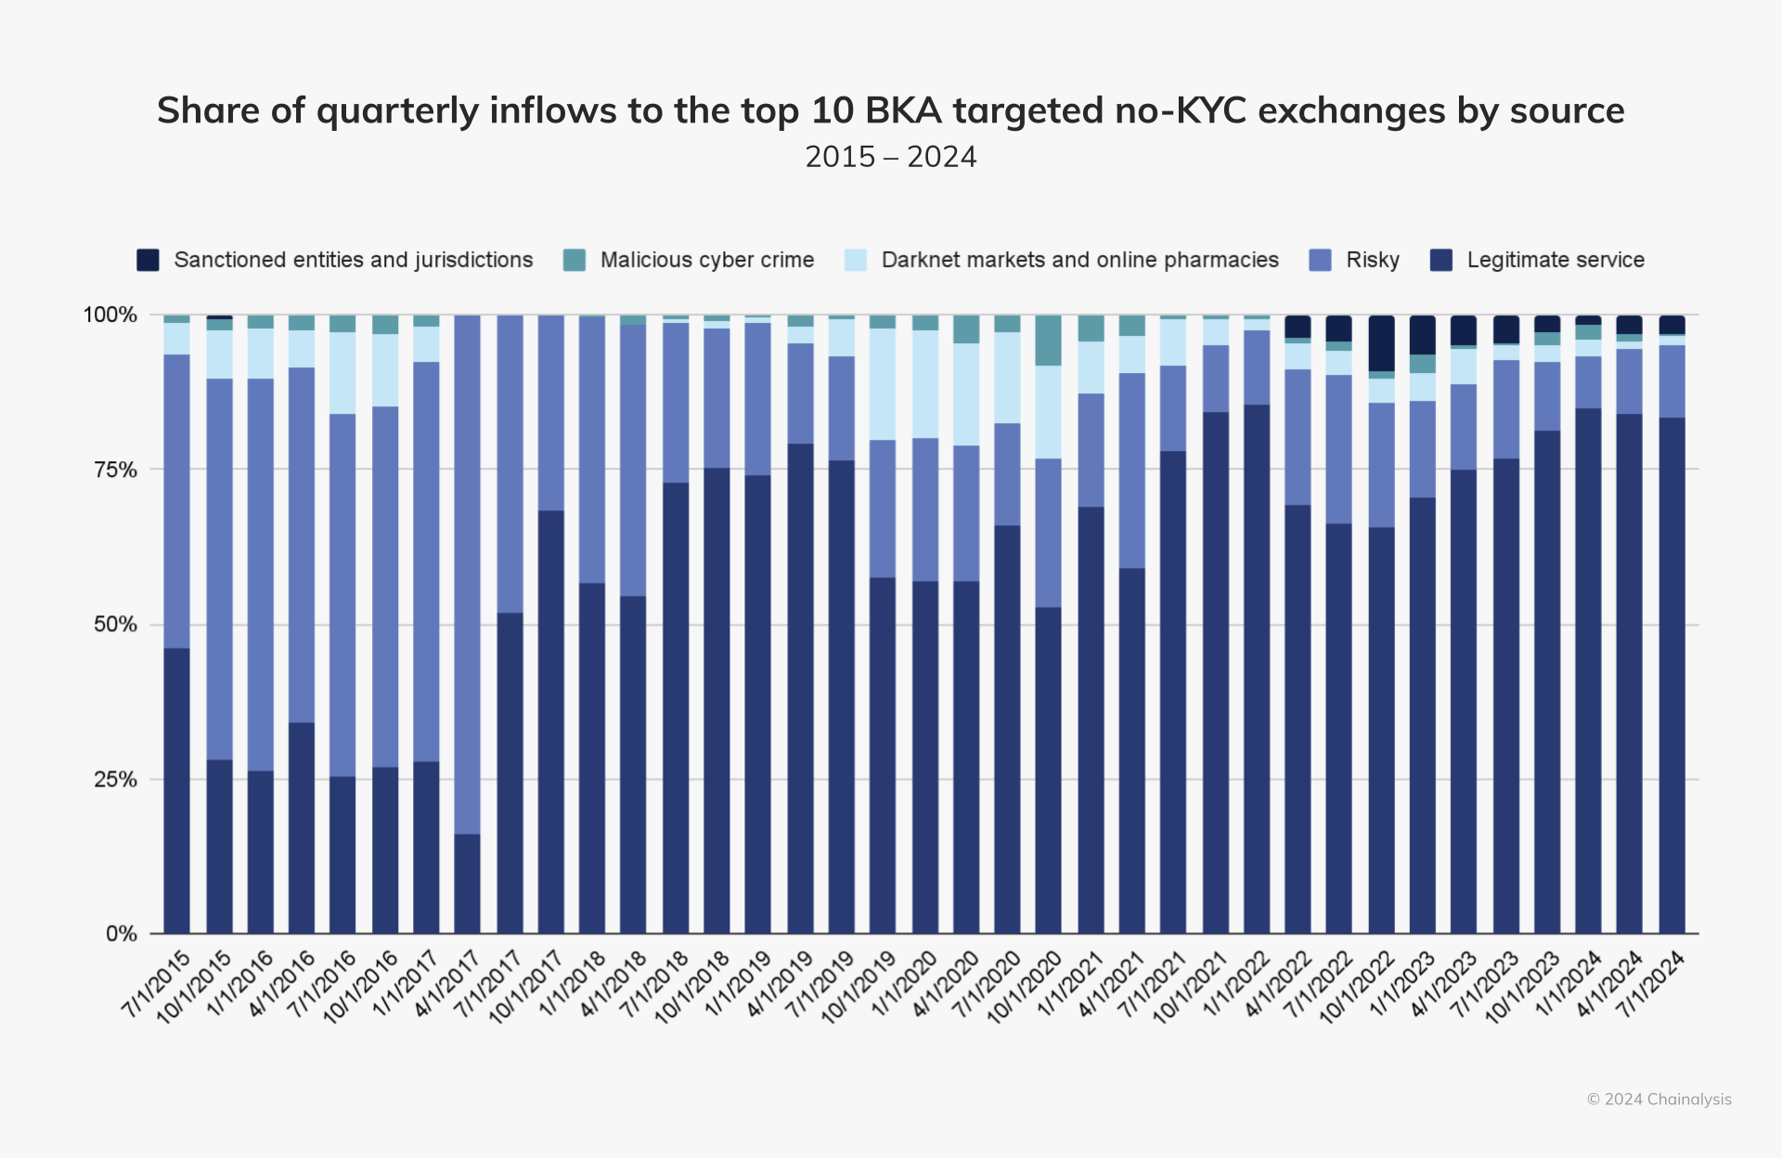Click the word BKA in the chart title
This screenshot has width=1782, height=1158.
pos(903,110)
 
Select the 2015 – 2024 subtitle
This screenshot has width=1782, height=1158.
pos(890,157)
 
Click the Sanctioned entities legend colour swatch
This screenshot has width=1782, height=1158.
pos(148,260)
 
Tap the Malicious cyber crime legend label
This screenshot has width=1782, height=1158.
pos(706,260)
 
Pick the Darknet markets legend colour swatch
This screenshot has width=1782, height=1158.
pos(856,260)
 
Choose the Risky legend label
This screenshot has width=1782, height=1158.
pos(1372,260)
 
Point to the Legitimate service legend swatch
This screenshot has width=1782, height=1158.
pos(1440,260)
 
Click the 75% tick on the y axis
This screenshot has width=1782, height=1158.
pos(115,470)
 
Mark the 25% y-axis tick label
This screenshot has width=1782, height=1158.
pos(115,779)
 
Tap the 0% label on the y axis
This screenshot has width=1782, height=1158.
pos(121,933)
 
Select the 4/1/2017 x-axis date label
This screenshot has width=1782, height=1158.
pos(448,984)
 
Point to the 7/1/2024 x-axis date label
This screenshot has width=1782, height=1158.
pos(1653,984)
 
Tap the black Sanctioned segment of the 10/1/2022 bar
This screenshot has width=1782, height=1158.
pos(1381,343)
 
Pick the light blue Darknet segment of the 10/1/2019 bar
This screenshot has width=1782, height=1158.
pos(883,384)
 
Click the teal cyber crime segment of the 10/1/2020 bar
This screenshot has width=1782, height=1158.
pos(1049,341)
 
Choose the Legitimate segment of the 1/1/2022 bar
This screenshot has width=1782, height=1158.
pos(1257,668)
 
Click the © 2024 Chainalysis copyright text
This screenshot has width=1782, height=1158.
pos(1659,1100)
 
